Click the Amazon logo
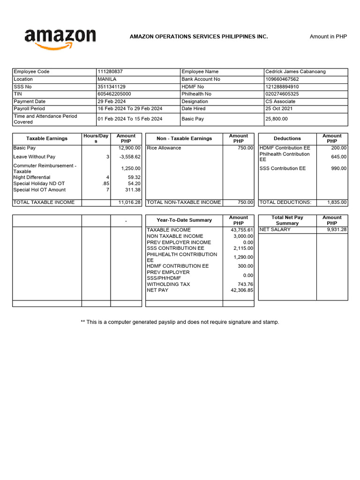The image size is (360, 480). pyautogui.click(x=60, y=38)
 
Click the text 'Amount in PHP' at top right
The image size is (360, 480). pyautogui.click(x=328, y=37)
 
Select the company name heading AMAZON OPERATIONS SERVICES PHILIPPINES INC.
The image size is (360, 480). pyautogui.click(x=199, y=37)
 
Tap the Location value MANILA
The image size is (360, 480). pyautogui.click(x=107, y=79)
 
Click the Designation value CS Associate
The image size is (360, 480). pyautogui.click(x=280, y=101)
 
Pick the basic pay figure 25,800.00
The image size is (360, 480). pyautogui.click(x=277, y=119)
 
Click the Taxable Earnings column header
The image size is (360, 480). pyautogui.click(x=47, y=138)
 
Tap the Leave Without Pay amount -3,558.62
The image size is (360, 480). pyautogui.click(x=130, y=157)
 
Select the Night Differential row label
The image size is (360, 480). pyautogui.click(x=32, y=178)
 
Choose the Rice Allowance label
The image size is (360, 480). pyautogui.click(x=164, y=148)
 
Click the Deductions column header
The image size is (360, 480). pyautogui.click(x=287, y=138)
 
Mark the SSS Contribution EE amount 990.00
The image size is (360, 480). pyautogui.click(x=338, y=168)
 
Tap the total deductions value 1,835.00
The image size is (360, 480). pyautogui.click(x=337, y=202)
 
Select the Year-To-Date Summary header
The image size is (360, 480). pyautogui.click(x=184, y=220)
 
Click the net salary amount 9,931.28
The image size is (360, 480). pyautogui.click(x=337, y=230)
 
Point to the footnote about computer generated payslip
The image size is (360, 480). pyautogui.click(x=180, y=322)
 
